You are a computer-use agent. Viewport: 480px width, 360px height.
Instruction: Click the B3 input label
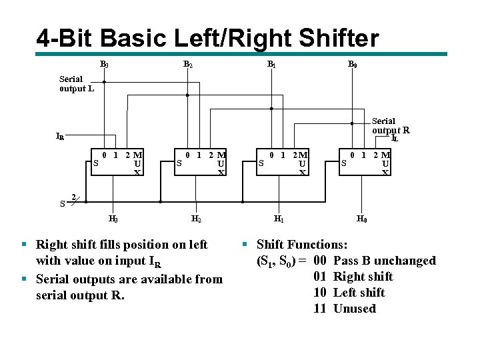point(104,65)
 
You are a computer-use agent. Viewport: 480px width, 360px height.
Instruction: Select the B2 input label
point(188,65)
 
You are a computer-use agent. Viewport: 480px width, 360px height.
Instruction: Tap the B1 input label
point(271,65)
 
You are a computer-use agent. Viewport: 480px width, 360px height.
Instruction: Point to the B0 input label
point(352,65)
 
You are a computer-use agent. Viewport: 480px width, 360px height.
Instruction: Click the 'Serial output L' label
point(71,83)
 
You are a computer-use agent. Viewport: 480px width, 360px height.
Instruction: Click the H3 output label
point(113,219)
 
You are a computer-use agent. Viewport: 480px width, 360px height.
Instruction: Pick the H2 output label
point(196,219)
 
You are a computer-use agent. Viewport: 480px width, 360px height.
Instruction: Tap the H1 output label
point(279,219)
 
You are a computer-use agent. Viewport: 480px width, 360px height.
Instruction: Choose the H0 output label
point(361,219)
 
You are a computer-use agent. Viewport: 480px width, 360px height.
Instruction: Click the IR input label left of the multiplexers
point(60,137)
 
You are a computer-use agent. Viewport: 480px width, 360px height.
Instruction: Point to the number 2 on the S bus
point(74,197)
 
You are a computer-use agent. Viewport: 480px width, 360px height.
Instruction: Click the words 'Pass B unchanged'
point(384,261)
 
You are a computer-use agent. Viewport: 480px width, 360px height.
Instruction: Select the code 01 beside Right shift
point(319,277)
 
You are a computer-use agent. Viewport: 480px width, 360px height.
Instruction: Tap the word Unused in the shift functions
point(354,309)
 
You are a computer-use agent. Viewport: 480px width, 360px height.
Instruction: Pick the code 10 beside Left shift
point(319,293)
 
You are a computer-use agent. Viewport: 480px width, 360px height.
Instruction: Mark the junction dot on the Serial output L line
point(104,82)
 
